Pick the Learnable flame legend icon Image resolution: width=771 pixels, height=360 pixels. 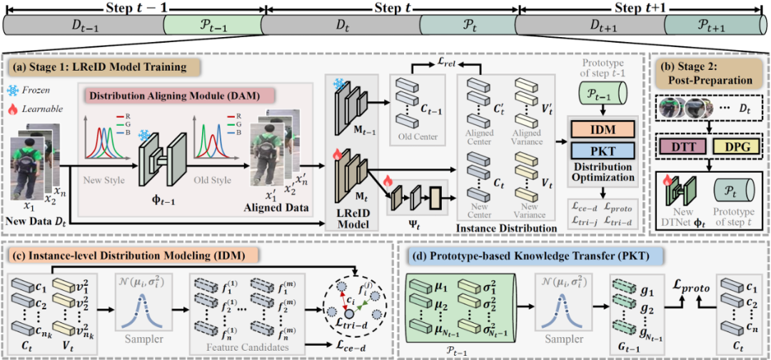(14, 109)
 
